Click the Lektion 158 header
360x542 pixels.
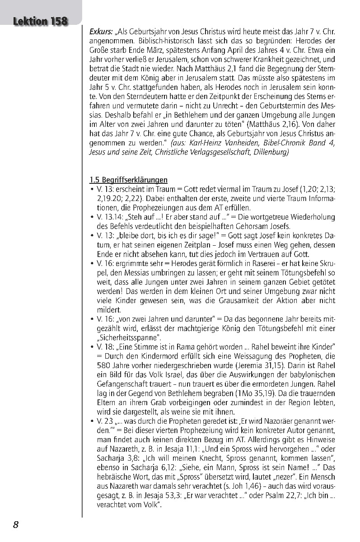click(40, 21)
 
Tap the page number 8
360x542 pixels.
click(15, 524)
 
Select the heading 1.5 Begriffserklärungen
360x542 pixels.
click(128, 180)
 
